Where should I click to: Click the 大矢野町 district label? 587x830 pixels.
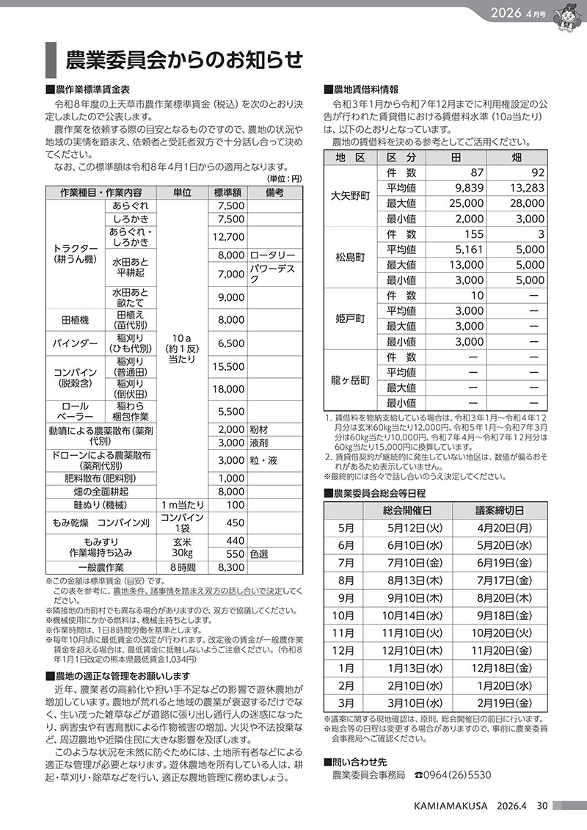(x=350, y=195)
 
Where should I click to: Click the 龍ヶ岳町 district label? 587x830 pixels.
(x=350, y=379)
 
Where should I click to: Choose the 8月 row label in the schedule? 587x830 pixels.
(x=346, y=580)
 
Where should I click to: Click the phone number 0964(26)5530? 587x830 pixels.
(x=458, y=774)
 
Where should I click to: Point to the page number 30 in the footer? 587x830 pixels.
(x=542, y=806)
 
